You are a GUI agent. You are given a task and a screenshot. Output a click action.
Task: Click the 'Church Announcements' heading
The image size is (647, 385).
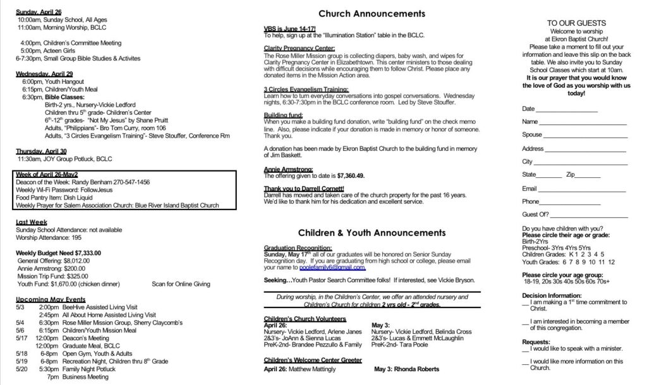tap(371, 13)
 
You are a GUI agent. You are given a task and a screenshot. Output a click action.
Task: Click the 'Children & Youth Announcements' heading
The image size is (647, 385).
tap(372, 232)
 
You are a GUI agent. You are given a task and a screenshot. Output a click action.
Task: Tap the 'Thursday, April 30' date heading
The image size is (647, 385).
tap(41, 151)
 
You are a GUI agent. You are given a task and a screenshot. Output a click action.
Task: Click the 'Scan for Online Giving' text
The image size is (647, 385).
tap(181, 284)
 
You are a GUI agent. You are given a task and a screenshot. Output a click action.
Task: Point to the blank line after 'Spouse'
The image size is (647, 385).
tap(585, 134)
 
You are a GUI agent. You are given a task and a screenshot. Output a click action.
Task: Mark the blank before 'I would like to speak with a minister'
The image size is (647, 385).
tap(526, 348)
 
